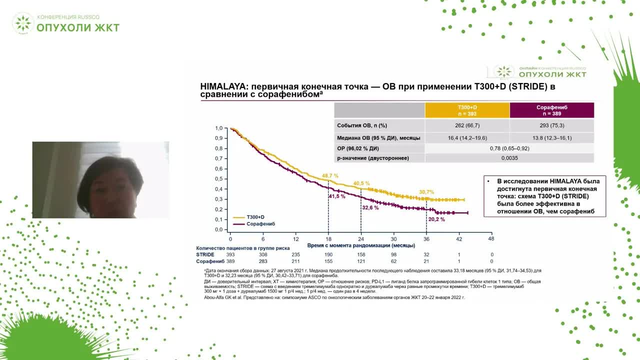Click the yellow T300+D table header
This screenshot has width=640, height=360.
click(x=467, y=110)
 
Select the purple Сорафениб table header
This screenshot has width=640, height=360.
click(x=551, y=110)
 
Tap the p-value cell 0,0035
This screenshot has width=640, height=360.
click(x=509, y=158)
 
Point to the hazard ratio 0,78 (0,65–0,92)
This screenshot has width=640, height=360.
click(x=509, y=148)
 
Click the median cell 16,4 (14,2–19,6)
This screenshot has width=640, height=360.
click(x=467, y=138)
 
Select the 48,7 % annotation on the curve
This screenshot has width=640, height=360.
click(x=330, y=176)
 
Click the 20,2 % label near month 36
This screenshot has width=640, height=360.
click(x=436, y=219)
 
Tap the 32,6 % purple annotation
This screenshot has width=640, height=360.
click(x=370, y=207)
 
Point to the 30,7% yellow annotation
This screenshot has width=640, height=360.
click(x=426, y=192)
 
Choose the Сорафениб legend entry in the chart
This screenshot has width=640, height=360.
click(x=260, y=224)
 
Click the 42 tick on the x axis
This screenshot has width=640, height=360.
click(x=458, y=239)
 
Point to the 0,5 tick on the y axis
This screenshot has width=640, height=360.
click(x=219, y=179)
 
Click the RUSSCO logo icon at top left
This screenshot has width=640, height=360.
click(x=22, y=23)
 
